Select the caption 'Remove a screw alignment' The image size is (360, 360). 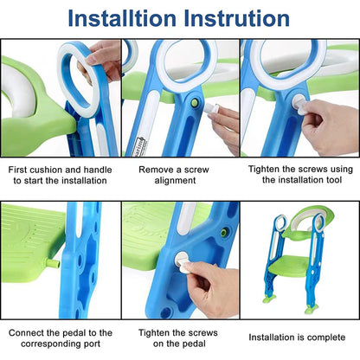178,176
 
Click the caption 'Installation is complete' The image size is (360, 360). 298,337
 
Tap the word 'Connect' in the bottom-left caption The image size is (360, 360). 32,331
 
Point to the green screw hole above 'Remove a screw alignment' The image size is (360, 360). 195,103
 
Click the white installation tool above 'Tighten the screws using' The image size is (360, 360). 297,102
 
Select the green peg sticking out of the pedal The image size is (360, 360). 53,262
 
